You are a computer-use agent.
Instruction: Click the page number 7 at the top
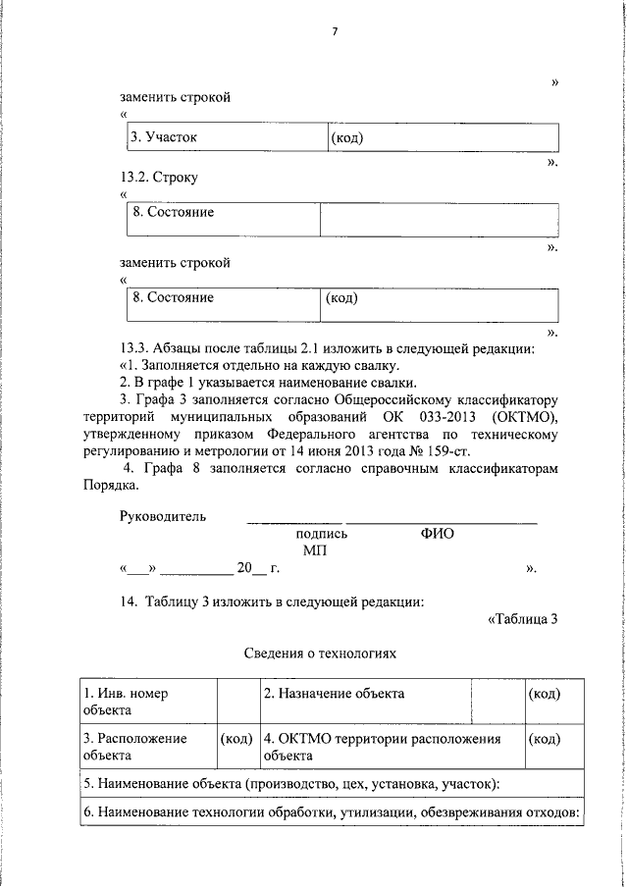click(x=334, y=32)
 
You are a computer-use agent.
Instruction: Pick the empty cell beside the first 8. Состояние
click(x=439, y=219)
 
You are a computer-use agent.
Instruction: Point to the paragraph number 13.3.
click(x=132, y=348)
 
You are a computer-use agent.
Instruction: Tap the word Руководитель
click(x=163, y=517)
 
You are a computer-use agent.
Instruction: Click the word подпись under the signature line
click(x=322, y=535)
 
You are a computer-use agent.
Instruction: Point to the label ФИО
click(x=436, y=535)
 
